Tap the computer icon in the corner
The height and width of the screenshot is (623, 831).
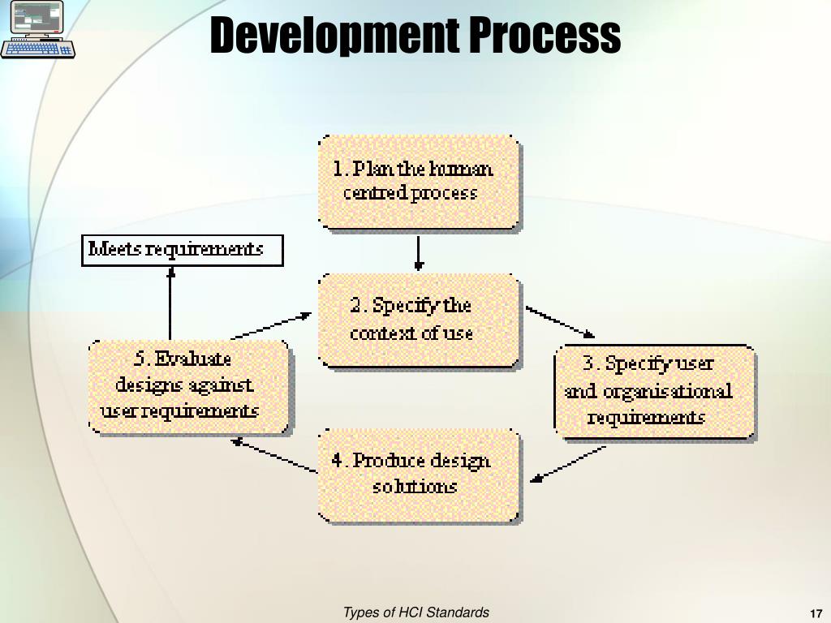[37, 29]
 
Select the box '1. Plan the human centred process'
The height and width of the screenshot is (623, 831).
[418, 183]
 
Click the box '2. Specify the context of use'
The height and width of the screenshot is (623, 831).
[418, 320]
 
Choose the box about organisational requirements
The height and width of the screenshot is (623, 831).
[654, 392]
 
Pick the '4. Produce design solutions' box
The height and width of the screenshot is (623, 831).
[418, 475]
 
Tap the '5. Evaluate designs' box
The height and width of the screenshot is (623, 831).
[187, 386]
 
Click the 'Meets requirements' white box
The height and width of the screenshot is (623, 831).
[183, 250]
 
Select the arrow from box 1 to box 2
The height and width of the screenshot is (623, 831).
[418, 253]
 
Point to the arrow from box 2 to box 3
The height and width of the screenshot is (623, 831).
[560, 321]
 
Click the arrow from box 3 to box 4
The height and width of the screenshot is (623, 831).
[568, 465]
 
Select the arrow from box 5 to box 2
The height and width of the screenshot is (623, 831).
[272, 325]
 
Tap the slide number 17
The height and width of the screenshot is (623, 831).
[816, 613]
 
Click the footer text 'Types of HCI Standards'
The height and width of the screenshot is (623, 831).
[415, 612]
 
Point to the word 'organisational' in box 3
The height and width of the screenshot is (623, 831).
[665, 392]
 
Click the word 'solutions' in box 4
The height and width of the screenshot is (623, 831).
[415, 487]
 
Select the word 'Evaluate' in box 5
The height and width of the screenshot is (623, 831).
[193, 359]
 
